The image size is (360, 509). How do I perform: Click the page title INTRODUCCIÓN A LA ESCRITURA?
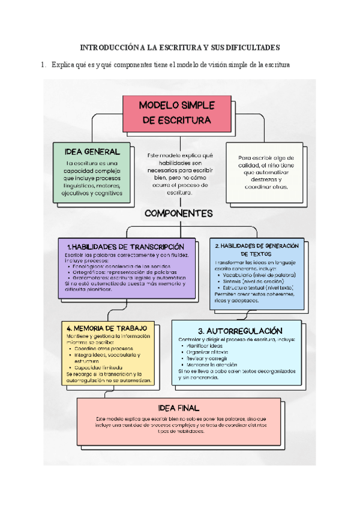pos(180,47)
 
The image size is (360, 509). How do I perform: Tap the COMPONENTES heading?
pos(179,213)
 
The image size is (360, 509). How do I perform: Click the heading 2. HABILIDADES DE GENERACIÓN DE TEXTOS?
pos(257,250)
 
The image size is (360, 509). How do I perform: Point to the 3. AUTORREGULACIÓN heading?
pos(239,331)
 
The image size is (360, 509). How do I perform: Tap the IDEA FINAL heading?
pos(179,408)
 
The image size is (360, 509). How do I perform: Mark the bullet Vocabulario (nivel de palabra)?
pos(258,275)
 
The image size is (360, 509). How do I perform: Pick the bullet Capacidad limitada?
pos(100,367)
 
